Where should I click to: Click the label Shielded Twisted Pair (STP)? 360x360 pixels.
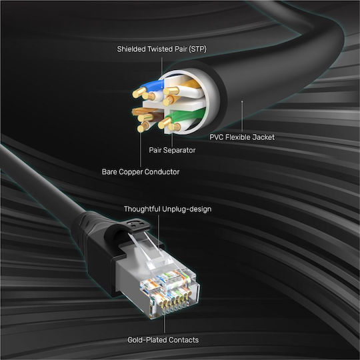click(x=161, y=49)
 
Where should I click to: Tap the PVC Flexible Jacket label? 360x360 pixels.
click(x=242, y=137)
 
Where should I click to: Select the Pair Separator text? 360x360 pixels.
click(x=172, y=150)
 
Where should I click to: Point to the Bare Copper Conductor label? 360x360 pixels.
click(x=141, y=172)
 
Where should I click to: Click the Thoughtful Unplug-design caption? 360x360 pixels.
click(x=167, y=209)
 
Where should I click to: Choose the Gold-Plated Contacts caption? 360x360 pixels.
click(x=163, y=340)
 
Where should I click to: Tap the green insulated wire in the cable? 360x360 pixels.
click(x=185, y=115)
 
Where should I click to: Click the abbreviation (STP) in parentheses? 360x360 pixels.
click(x=198, y=49)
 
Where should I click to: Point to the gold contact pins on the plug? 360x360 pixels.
click(x=175, y=303)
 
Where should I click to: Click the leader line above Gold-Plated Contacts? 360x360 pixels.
click(x=165, y=324)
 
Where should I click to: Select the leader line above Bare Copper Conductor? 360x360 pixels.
click(x=141, y=149)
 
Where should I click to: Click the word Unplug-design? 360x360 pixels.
click(x=187, y=209)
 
